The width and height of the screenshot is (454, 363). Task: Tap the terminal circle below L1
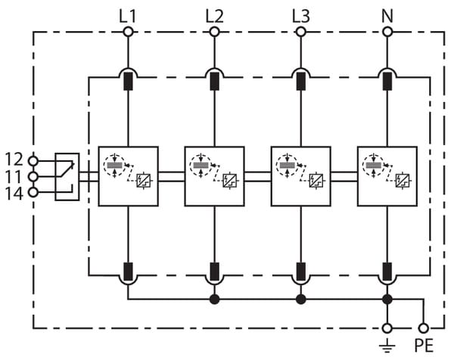click(x=128, y=32)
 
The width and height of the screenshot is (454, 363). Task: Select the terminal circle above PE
click(x=423, y=328)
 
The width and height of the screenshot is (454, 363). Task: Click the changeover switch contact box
click(x=67, y=176)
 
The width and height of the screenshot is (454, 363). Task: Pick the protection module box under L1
click(x=128, y=176)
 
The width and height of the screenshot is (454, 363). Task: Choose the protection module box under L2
click(x=214, y=176)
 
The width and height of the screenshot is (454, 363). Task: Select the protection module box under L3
click(x=300, y=176)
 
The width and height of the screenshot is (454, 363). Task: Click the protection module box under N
click(x=387, y=176)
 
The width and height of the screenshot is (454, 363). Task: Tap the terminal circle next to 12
click(x=33, y=160)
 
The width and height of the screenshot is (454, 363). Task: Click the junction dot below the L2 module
click(x=214, y=299)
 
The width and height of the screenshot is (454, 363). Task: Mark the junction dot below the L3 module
click(x=300, y=299)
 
